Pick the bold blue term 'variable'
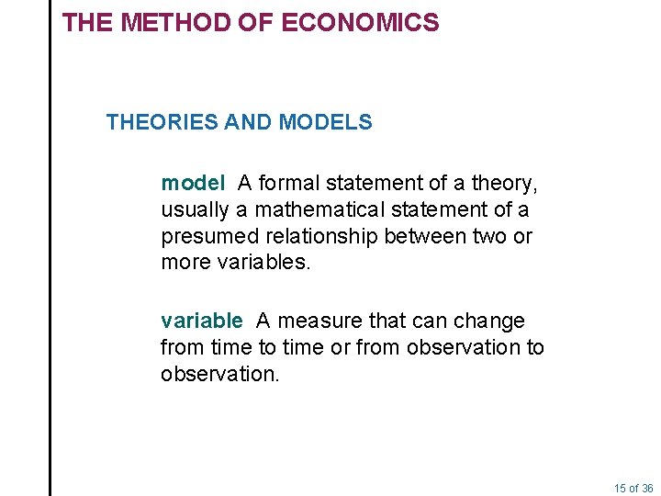click(201, 321)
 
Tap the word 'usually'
click(194, 209)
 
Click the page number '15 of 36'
click(634, 488)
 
